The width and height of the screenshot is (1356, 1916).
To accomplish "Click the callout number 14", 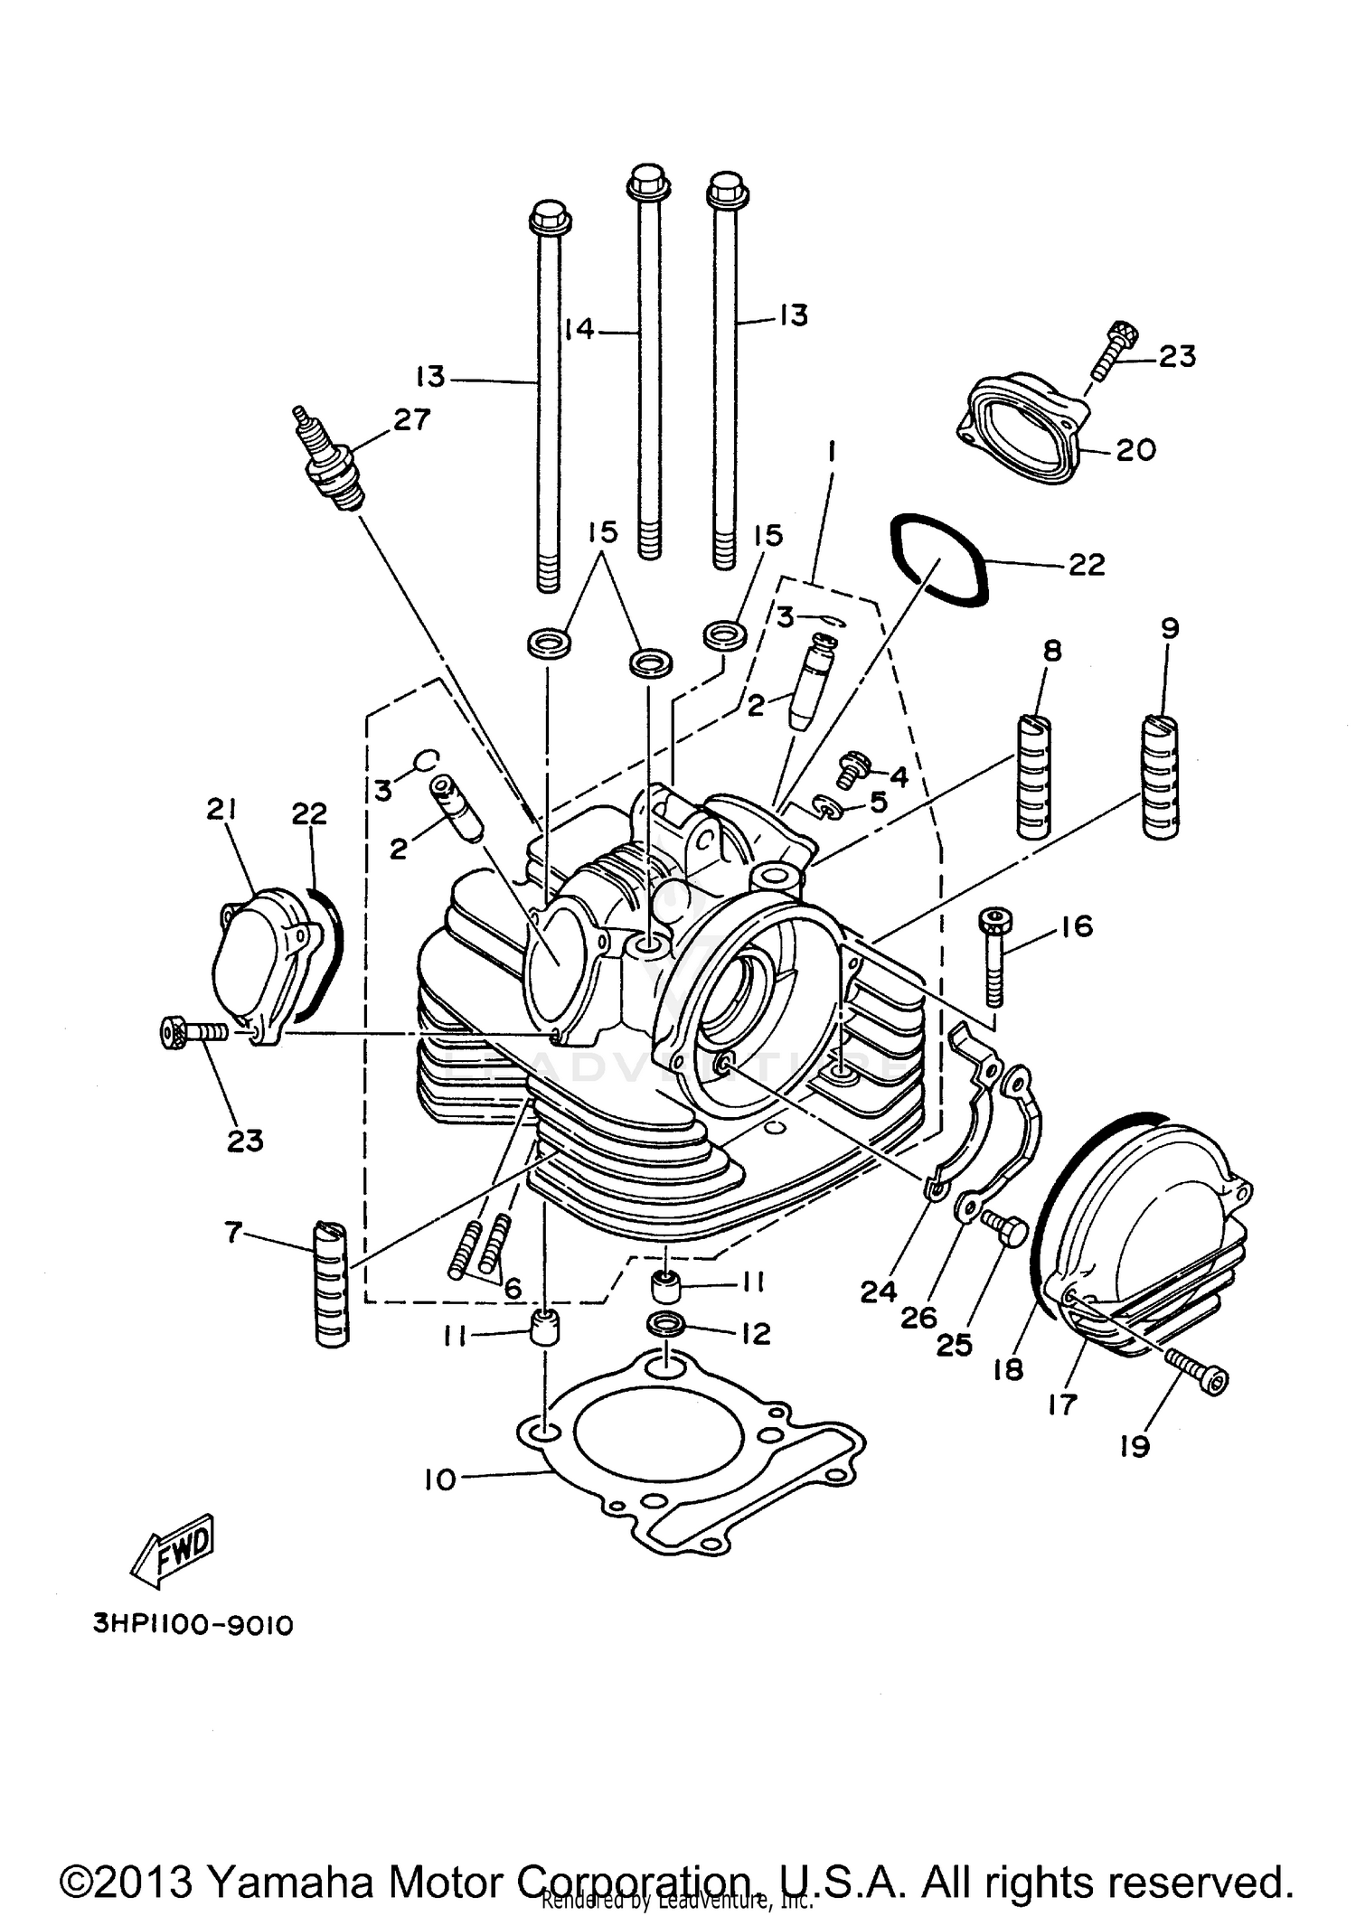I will (579, 329).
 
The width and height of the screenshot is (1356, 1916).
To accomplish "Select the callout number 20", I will (1135, 449).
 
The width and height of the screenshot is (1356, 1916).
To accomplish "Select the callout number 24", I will (878, 1292).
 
